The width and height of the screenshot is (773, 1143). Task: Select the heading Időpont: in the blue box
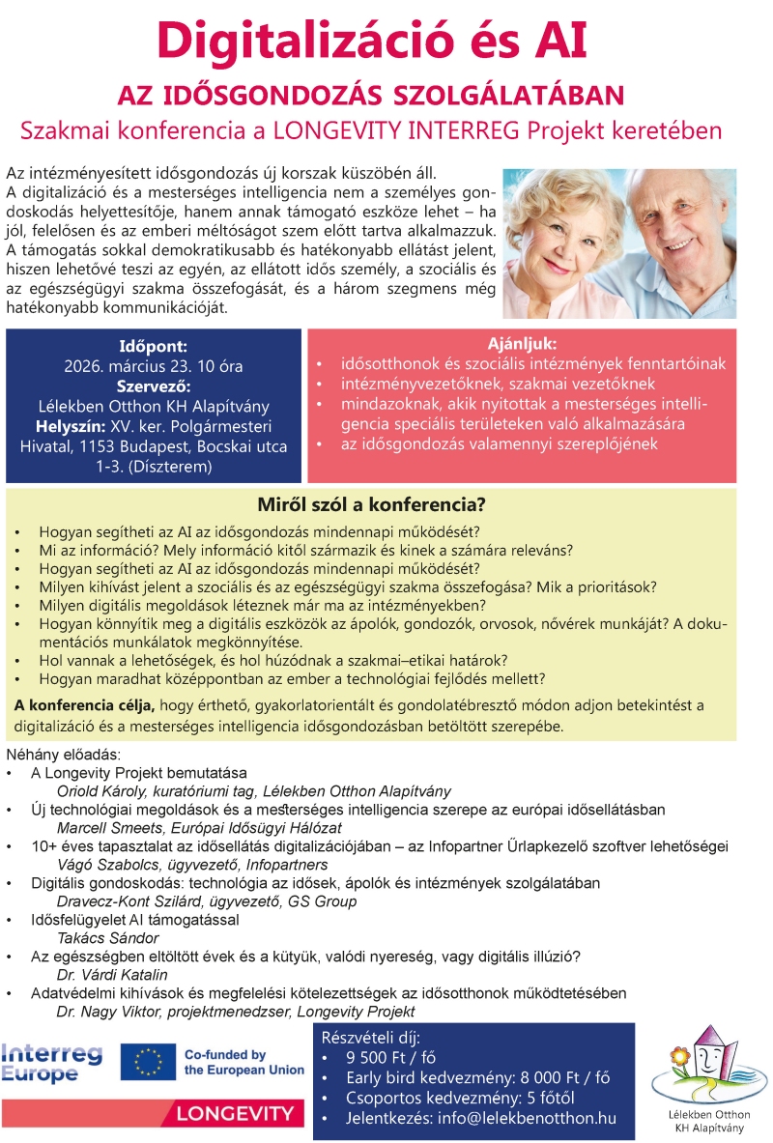(154, 345)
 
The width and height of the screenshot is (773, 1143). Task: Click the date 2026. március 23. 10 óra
(154, 366)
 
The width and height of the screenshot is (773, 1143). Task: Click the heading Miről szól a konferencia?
(371, 505)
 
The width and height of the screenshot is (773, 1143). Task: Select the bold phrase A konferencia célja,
(85, 704)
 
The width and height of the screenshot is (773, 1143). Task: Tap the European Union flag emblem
(148, 1062)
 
